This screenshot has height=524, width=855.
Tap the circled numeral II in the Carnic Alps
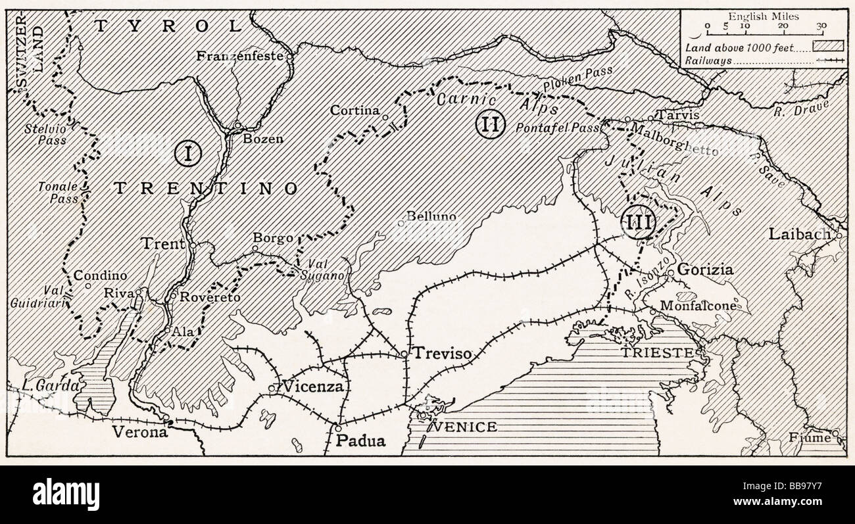click(x=489, y=124)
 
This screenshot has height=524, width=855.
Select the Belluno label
click(x=431, y=216)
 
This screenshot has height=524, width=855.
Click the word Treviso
click(x=441, y=354)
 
